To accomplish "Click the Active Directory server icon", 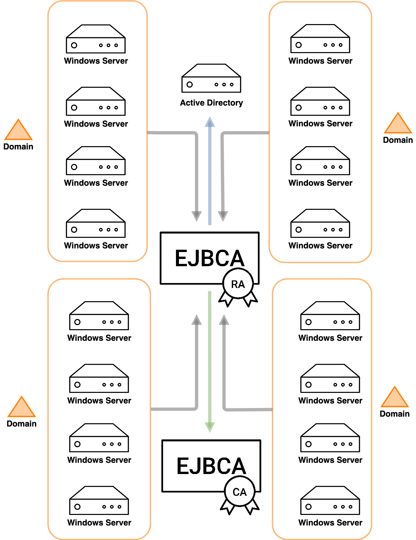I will coord(211,79).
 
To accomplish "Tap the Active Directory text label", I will coord(211,103).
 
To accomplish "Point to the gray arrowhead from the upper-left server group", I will coord(197,216).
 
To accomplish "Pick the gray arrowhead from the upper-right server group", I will coord(223,216).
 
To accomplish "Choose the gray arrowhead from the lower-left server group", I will coord(197,319).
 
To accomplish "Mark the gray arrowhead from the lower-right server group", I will coord(224,319).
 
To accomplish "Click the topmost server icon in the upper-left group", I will coord(96,39).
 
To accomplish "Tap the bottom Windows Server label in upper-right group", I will coord(320,246).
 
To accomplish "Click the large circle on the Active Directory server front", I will coord(190,84).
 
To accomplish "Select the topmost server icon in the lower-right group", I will coord(330,316).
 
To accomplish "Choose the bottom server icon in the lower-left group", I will coord(99,501).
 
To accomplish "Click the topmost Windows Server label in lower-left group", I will coord(99,338).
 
